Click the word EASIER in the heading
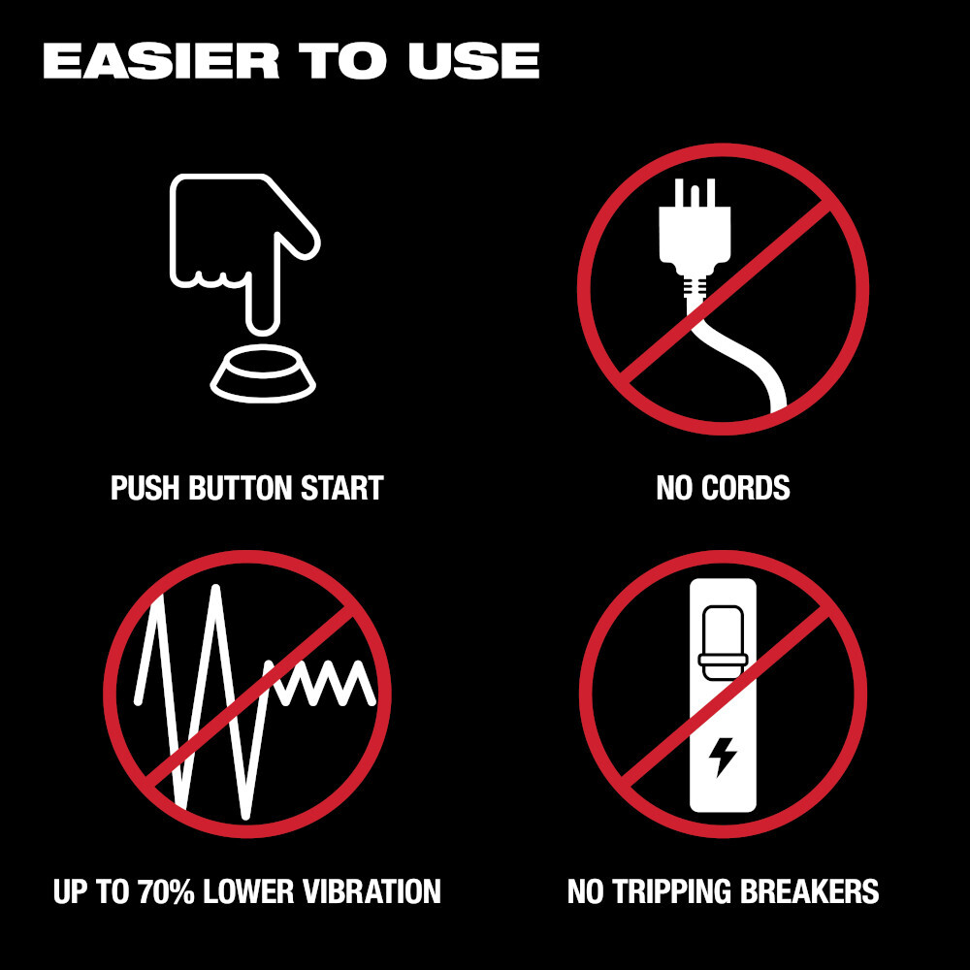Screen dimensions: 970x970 coord(161,60)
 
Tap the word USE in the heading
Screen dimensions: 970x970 coord(473,60)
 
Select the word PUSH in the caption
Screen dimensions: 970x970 coord(145,488)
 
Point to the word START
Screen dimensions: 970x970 coord(342,488)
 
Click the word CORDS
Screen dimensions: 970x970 coord(745,488)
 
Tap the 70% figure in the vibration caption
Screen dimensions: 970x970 coord(165,891)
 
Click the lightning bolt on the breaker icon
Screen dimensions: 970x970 coord(722,757)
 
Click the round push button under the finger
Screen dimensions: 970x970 coord(264,373)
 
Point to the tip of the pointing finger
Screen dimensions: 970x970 coord(263,331)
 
